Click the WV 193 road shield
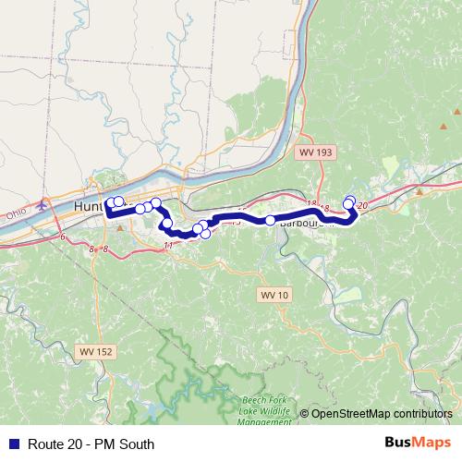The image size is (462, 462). tap(313, 151)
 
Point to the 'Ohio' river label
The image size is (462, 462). tap(16, 213)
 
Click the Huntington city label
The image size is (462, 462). tap(92, 207)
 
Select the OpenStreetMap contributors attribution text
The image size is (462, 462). tap(381, 414)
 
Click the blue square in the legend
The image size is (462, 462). tap(13, 444)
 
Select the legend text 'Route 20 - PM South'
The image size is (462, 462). tap(91, 444)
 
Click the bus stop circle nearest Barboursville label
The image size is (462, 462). tap(270, 220)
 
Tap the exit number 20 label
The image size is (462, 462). tap(361, 205)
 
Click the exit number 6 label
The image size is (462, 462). tap(64, 239)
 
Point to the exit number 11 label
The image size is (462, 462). tap(168, 245)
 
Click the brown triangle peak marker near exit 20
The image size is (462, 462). tap(419, 191)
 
